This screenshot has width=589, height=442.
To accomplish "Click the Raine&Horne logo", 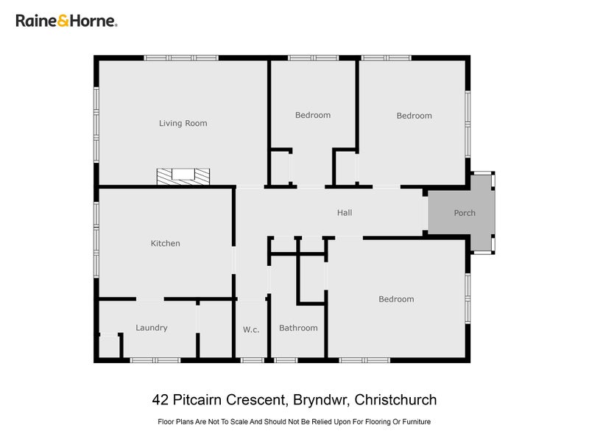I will (x=66, y=21).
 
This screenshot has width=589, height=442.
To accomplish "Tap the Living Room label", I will (x=183, y=123).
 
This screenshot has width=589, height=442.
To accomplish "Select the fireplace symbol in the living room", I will (x=183, y=176).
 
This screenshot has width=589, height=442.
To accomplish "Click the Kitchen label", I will (x=165, y=243).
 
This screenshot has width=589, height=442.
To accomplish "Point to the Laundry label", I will (x=152, y=328).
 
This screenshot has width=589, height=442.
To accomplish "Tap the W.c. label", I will (x=251, y=329).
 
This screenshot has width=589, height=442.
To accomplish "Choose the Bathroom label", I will (x=298, y=328).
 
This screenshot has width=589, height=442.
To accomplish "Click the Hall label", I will (x=345, y=213).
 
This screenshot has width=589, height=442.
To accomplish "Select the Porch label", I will (x=465, y=213).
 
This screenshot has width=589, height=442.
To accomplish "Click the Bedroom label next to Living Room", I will (x=313, y=115).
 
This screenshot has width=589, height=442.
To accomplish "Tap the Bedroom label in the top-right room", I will (x=414, y=116).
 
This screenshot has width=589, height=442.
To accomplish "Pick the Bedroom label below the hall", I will (x=396, y=299).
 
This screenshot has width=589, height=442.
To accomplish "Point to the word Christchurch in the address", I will (x=395, y=400).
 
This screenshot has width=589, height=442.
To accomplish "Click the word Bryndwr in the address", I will (x=320, y=400).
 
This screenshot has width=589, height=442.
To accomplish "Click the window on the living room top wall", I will (x=181, y=57).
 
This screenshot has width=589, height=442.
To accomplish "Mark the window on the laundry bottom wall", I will (x=155, y=360).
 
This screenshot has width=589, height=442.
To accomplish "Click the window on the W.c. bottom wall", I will (x=253, y=360).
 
